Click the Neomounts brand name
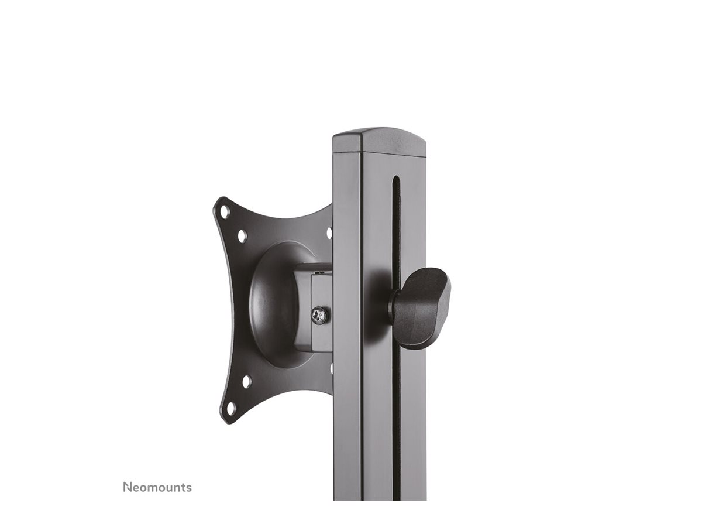pos(157,487)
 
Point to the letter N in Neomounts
pos(127,487)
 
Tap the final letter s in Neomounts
pos(189,488)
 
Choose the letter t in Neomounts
pos(183,487)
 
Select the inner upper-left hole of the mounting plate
pos(243,235)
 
